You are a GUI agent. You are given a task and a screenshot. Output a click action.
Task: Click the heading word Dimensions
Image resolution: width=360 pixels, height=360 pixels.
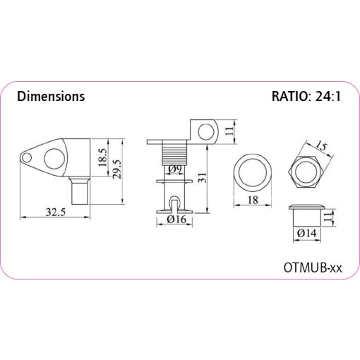coord(51,96)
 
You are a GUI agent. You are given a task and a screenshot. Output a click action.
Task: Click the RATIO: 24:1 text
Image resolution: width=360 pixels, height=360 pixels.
coord(306,96)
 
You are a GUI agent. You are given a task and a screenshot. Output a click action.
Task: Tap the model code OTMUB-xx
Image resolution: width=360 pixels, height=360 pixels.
coord(313,268)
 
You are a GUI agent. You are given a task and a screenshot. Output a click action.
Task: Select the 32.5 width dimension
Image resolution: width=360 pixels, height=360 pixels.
coord(56,212)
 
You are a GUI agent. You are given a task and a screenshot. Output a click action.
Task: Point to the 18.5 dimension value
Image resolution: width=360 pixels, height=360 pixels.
coord(103,157)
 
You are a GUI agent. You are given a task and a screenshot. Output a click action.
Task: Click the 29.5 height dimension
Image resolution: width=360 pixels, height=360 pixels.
coord(117,169)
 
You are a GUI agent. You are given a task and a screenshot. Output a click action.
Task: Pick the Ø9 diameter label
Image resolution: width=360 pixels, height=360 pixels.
coord(175,169)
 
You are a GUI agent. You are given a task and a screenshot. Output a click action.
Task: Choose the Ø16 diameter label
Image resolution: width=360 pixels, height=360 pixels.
coord(176,220)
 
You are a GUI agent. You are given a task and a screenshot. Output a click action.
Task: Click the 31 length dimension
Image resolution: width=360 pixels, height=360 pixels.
coord(202,177)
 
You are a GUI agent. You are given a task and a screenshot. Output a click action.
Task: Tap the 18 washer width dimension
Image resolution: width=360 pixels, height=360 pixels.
coord(253,200)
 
